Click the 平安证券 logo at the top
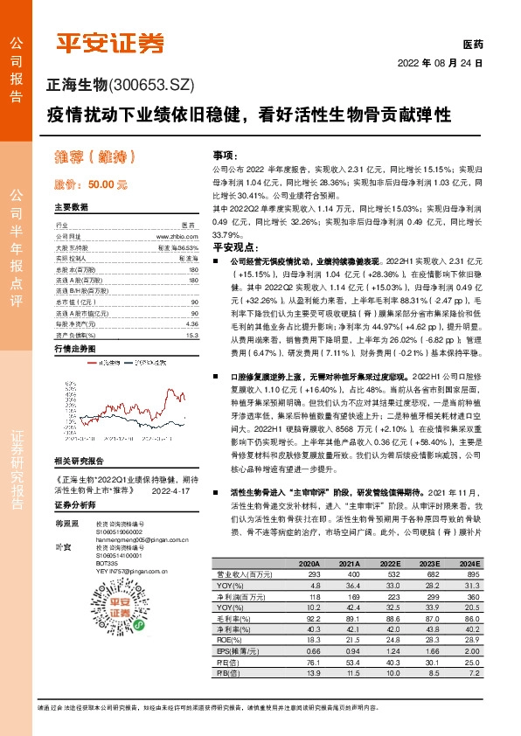111,42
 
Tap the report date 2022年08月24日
441,64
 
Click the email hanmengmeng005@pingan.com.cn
134,541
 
